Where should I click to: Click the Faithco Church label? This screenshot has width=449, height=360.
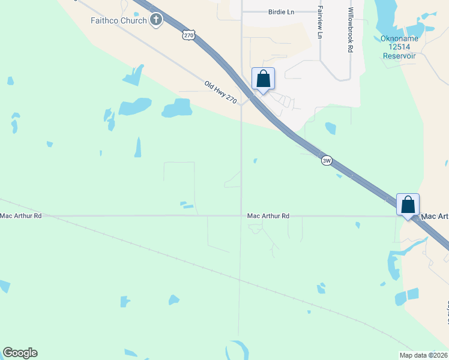point(118,21)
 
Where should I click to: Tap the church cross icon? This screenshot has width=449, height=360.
point(156,20)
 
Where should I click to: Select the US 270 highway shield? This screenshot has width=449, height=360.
point(189,36)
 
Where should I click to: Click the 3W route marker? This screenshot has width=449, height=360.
point(327,161)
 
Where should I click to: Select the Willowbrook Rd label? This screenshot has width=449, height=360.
point(350,31)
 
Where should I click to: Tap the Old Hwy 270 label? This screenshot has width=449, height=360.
point(221,92)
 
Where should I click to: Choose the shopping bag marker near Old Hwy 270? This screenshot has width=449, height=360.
point(263,79)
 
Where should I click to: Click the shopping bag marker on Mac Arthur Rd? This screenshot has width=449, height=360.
point(408,205)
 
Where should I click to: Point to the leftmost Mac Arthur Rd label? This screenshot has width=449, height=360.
point(21,215)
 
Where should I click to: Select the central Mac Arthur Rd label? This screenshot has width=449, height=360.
point(268,215)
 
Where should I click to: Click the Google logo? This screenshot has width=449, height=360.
point(20,353)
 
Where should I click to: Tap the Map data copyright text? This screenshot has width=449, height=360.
point(423,355)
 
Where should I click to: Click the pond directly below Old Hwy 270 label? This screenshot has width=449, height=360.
point(177,109)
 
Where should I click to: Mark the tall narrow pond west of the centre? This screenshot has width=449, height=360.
point(138,147)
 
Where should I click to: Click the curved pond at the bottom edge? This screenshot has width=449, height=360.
point(236,349)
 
